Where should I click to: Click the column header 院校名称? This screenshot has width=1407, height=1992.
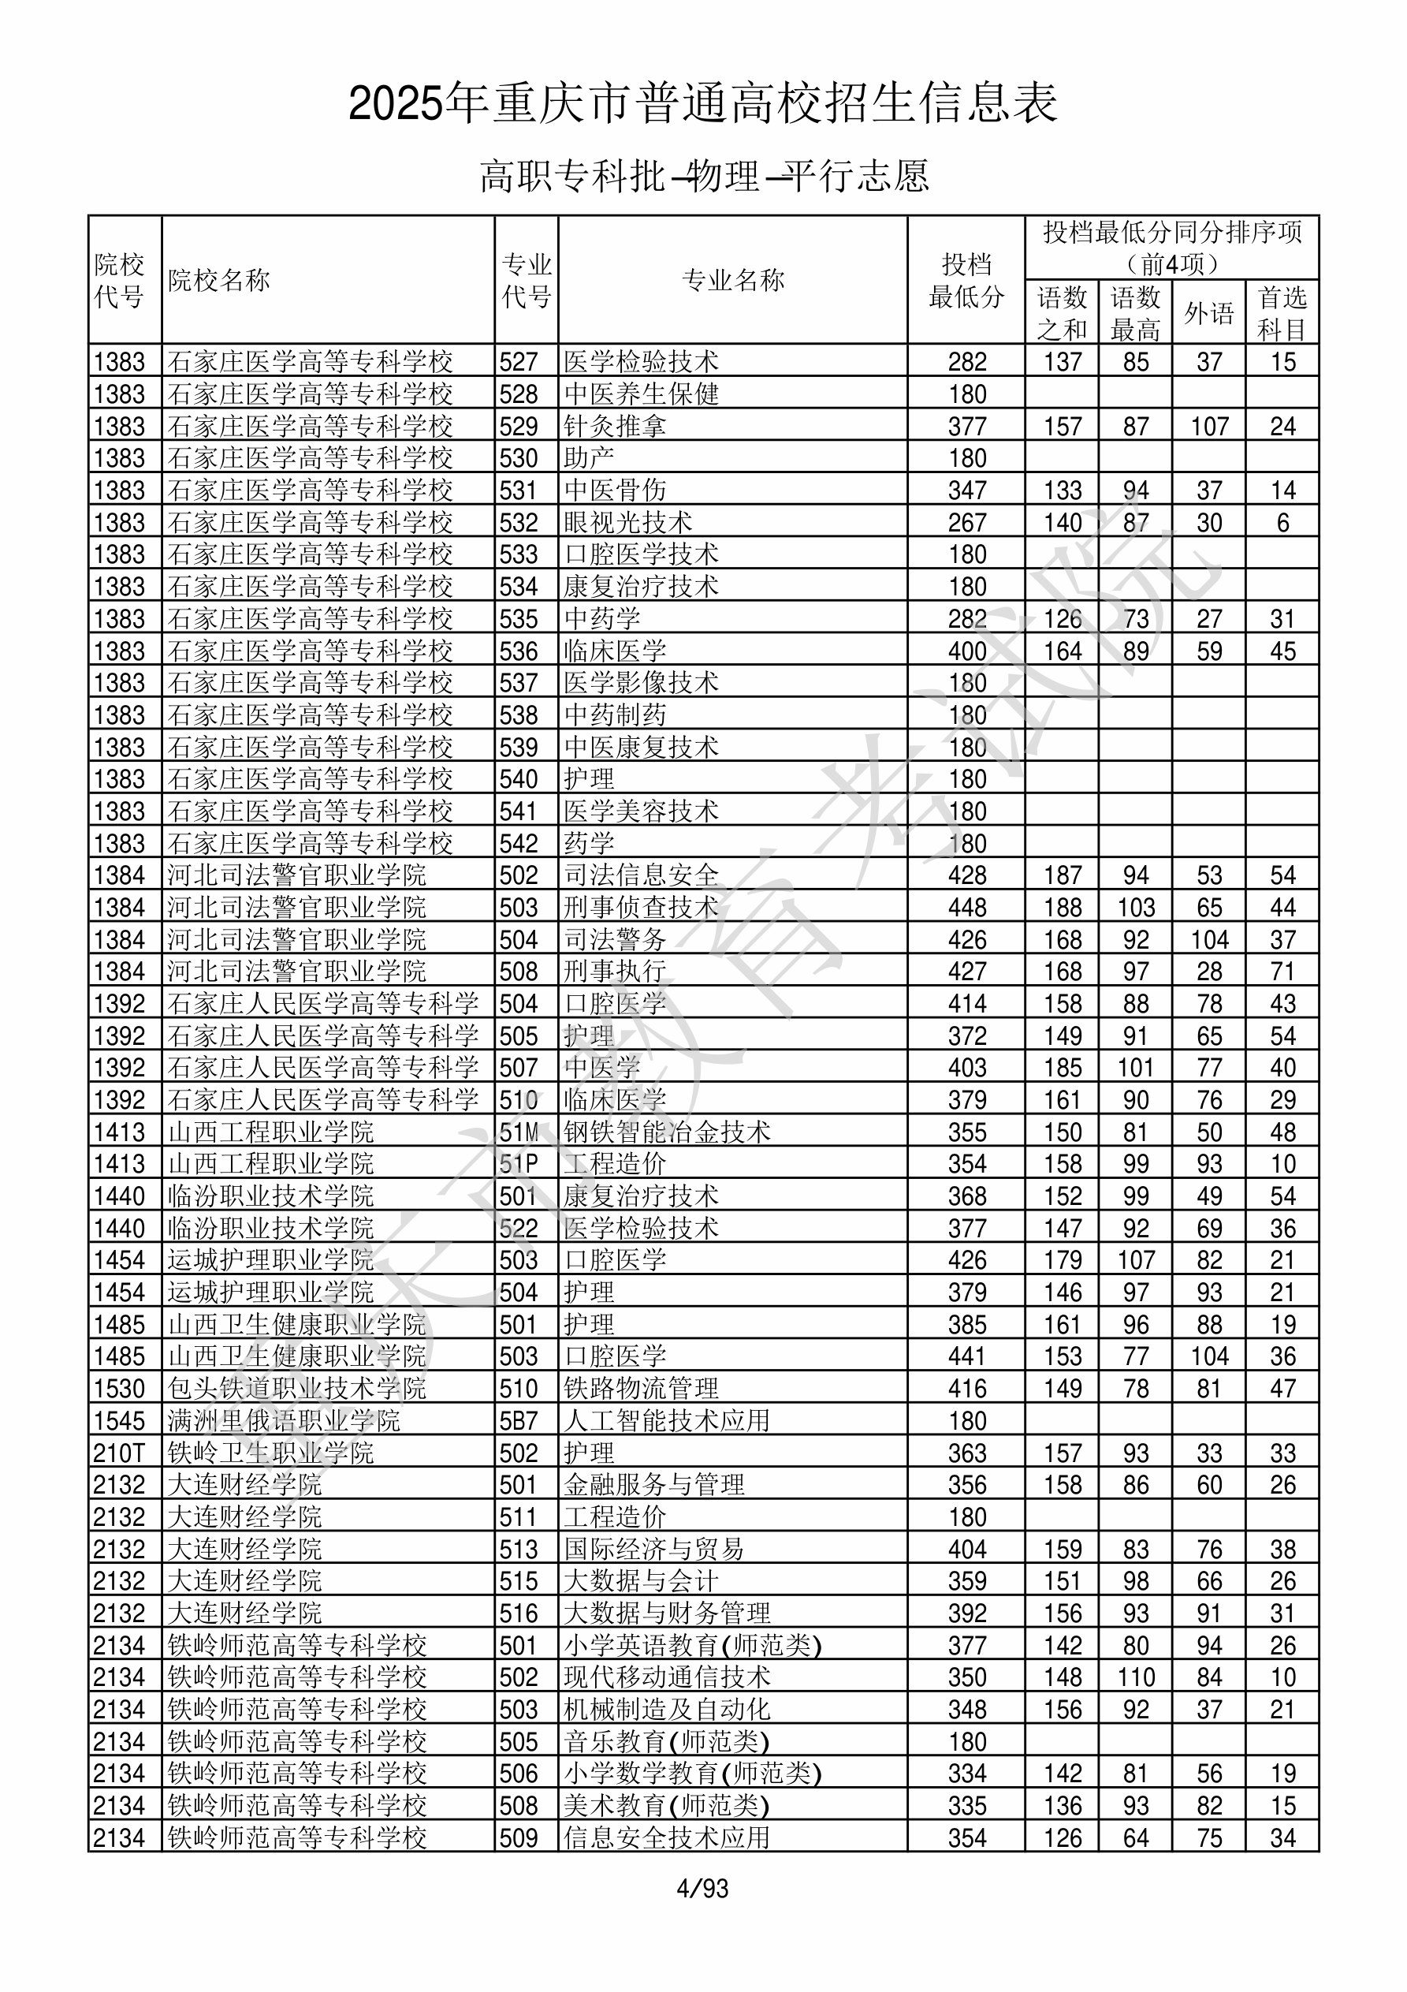pos(219,280)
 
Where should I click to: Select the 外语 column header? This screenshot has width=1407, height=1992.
pos(1208,313)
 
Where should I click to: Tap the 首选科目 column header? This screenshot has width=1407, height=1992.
pos(1282,313)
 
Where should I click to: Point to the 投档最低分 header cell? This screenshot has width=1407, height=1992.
pos(966,280)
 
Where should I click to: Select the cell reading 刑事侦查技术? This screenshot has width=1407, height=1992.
pos(641,908)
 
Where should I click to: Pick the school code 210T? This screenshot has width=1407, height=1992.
pos(119,1453)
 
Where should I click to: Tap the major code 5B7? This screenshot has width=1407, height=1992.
pos(519,1421)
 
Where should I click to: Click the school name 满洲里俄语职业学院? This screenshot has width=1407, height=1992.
pos(284,1421)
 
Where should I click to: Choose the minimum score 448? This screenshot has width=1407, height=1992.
pos(967,908)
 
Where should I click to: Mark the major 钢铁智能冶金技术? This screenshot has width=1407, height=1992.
pos(667,1132)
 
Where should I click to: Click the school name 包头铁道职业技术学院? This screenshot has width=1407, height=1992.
pos(296,1389)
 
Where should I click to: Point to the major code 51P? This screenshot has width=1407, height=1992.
pos(519,1164)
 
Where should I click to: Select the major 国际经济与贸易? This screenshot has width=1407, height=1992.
pos(654,1550)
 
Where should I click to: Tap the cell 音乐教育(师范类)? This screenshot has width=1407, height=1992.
pos(666,1742)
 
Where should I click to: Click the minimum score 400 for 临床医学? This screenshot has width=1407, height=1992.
pos(967,651)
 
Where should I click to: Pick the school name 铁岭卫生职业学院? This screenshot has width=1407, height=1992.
pos(270,1453)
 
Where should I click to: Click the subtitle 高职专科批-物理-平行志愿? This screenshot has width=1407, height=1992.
pos(705,176)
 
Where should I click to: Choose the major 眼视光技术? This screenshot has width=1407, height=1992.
pos(628,522)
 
